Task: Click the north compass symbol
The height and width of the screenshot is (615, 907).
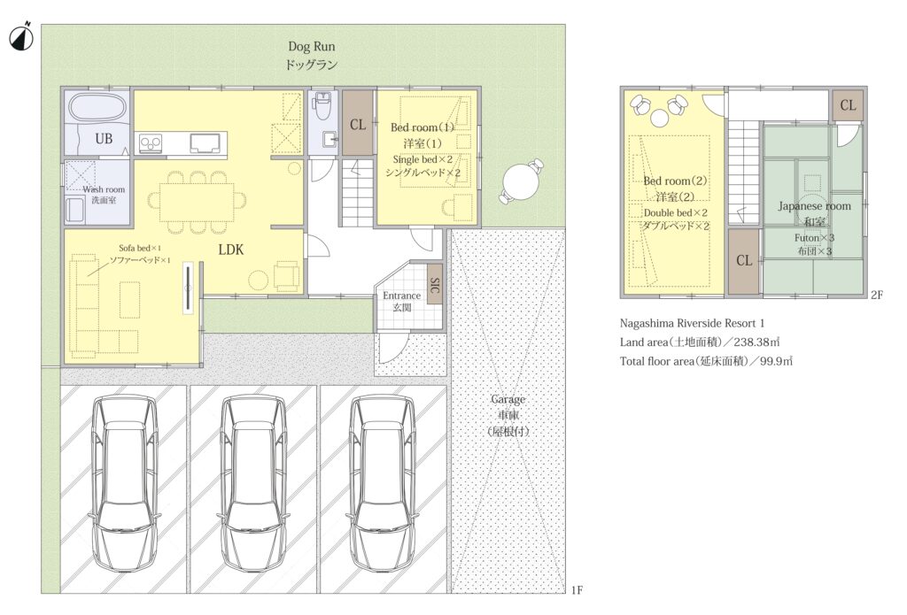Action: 21,37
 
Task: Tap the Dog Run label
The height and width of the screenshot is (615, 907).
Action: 311,47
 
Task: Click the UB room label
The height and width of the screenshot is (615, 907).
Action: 104,139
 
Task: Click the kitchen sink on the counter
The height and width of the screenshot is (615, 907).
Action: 205,142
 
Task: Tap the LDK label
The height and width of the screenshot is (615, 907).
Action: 231,250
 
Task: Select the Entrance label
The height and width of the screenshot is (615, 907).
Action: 402,296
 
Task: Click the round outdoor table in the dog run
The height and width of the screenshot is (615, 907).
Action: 521,182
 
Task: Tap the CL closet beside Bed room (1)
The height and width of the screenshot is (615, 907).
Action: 358,122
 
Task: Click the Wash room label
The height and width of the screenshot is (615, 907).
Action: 104,189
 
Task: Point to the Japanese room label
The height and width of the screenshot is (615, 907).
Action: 814,206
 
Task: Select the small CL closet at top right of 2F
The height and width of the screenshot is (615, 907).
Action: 848,105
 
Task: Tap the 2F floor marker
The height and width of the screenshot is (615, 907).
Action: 877,295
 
